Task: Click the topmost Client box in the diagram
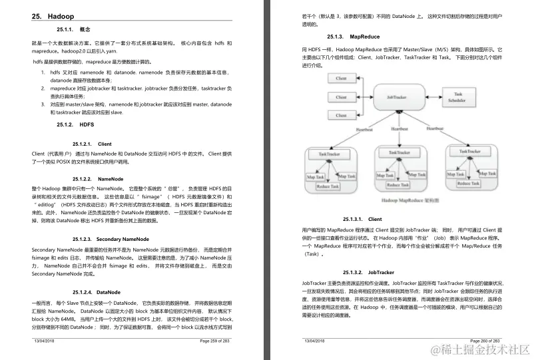point(341,79)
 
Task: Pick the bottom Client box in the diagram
point(341,114)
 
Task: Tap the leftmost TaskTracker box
point(330,154)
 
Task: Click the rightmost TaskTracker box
point(471,152)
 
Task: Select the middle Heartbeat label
point(400,129)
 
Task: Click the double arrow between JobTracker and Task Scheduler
point(435,97)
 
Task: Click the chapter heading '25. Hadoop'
point(53,16)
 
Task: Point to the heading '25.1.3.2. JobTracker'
point(363,272)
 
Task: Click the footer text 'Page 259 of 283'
point(214,340)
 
